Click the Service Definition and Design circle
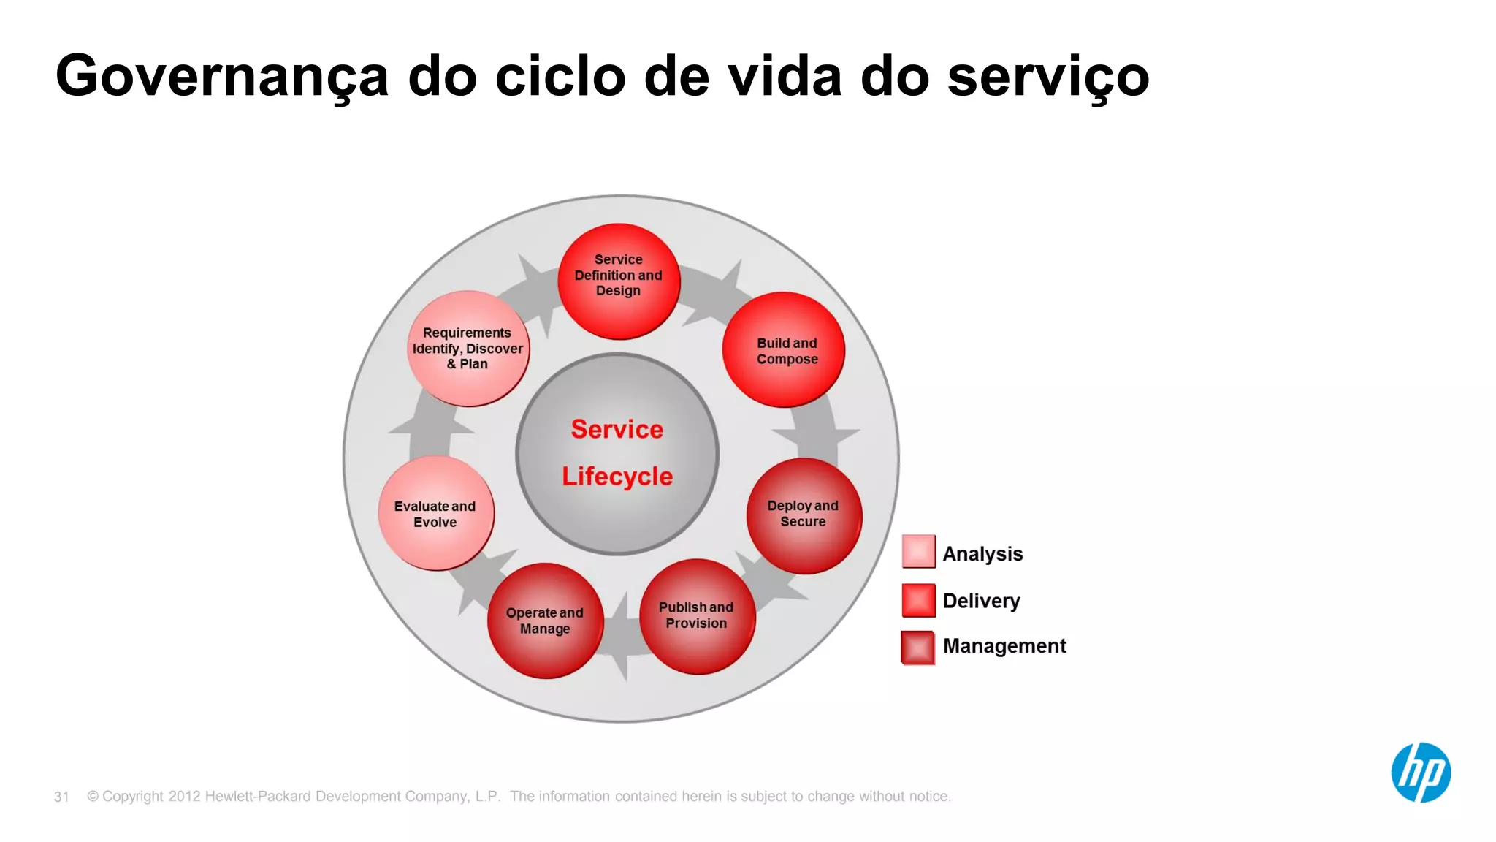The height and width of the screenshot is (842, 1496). click(x=619, y=281)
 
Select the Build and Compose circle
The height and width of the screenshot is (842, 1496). click(x=784, y=350)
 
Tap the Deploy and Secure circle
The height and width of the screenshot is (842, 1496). click(x=804, y=515)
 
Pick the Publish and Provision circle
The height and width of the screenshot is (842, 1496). click(x=697, y=616)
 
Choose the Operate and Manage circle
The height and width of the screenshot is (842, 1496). click(x=545, y=621)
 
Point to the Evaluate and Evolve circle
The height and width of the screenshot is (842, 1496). click(x=436, y=513)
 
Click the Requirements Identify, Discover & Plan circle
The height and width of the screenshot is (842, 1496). click(x=468, y=349)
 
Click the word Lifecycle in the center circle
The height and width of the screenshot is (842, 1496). click(x=617, y=477)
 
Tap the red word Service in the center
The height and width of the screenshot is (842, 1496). click(x=617, y=429)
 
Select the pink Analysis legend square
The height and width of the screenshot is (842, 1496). click(x=918, y=552)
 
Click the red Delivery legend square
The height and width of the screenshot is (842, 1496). click(x=918, y=600)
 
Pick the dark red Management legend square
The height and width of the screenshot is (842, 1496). click(x=918, y=647)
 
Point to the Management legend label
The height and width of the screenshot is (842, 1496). click(x=1004, y=646)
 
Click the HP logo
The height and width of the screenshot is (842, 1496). click(x=1421, y=773)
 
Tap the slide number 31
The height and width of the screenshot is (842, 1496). click(x=61, y=797)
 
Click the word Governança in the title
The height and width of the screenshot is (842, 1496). click(x=222, y=77)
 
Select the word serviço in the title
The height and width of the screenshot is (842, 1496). click(x=1048, y=77)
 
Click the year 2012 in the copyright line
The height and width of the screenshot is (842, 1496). click(x=184, y=797)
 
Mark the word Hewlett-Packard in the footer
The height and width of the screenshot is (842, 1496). click(x=259, y=797)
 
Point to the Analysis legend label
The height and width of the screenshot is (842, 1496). click(x=982, y=554)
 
